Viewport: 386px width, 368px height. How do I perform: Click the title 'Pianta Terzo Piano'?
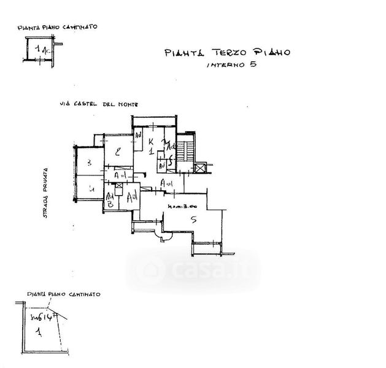227,53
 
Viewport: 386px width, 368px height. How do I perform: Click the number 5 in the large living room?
193,219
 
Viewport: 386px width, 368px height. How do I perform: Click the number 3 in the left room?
89,163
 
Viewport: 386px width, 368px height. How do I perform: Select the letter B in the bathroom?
109,205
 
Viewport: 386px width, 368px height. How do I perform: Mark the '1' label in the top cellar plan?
40,48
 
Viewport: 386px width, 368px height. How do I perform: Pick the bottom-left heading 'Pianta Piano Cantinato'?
61,295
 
